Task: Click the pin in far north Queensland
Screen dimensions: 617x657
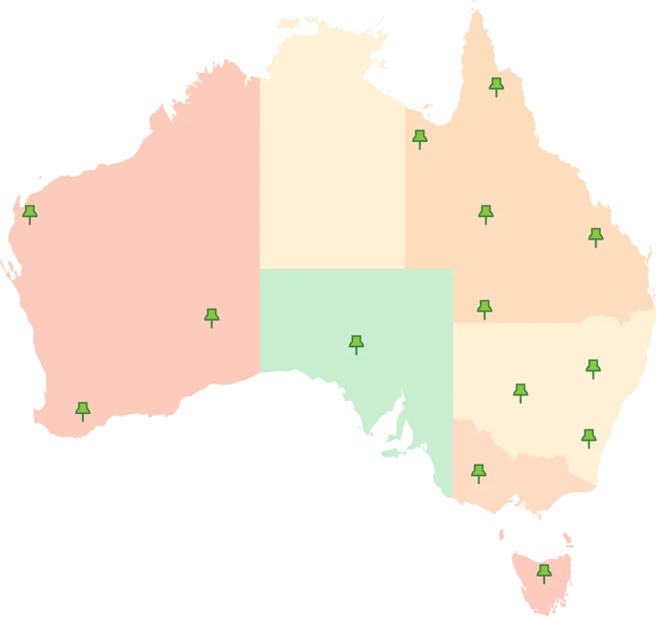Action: pos(496,86)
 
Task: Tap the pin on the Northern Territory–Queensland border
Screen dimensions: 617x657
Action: pos(419,138)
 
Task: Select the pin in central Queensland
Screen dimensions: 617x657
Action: pos(486,213)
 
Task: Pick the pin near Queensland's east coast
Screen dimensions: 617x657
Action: pos(595,236)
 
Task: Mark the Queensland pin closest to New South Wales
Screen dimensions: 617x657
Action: pos(484,308)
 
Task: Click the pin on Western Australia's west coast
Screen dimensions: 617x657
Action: pos(30,213)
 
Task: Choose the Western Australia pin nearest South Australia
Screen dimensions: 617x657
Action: pos(211,317)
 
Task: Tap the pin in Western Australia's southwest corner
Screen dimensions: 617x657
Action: pos(83,411)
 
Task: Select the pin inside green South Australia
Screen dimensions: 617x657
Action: pos(356,343)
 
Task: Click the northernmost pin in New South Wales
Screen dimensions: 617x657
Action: pos(593,368)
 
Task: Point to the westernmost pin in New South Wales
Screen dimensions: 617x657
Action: pos(520,392)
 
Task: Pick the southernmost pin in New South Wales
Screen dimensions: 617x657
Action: pos(589,437)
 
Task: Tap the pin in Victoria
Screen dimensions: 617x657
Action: pos(478,472)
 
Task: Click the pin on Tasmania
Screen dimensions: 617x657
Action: pos(543,573)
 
